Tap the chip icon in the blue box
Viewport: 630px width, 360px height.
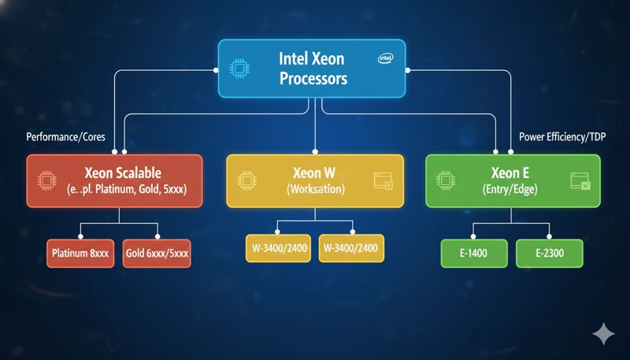point(237,69)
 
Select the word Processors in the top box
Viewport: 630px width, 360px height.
point(313,80)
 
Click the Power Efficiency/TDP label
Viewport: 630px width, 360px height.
point(567,135)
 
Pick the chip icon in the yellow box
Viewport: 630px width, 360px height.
point(246,180)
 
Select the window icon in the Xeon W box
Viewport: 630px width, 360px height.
point(383,180)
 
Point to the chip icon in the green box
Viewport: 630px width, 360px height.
point(447,180)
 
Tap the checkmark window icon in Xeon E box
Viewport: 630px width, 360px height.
point(580,182)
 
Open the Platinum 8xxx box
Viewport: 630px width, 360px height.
point(80,254)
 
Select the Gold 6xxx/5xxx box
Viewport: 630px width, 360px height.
point(157,254)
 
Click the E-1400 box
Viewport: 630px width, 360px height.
point(472,254)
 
